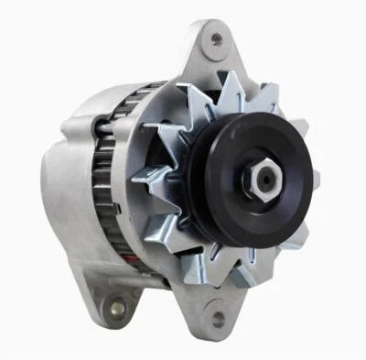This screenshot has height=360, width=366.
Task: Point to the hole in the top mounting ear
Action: coord(216,38)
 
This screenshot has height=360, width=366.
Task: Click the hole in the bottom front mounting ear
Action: coord(217,318)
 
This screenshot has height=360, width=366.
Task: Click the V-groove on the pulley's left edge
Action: coord(196,183)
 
